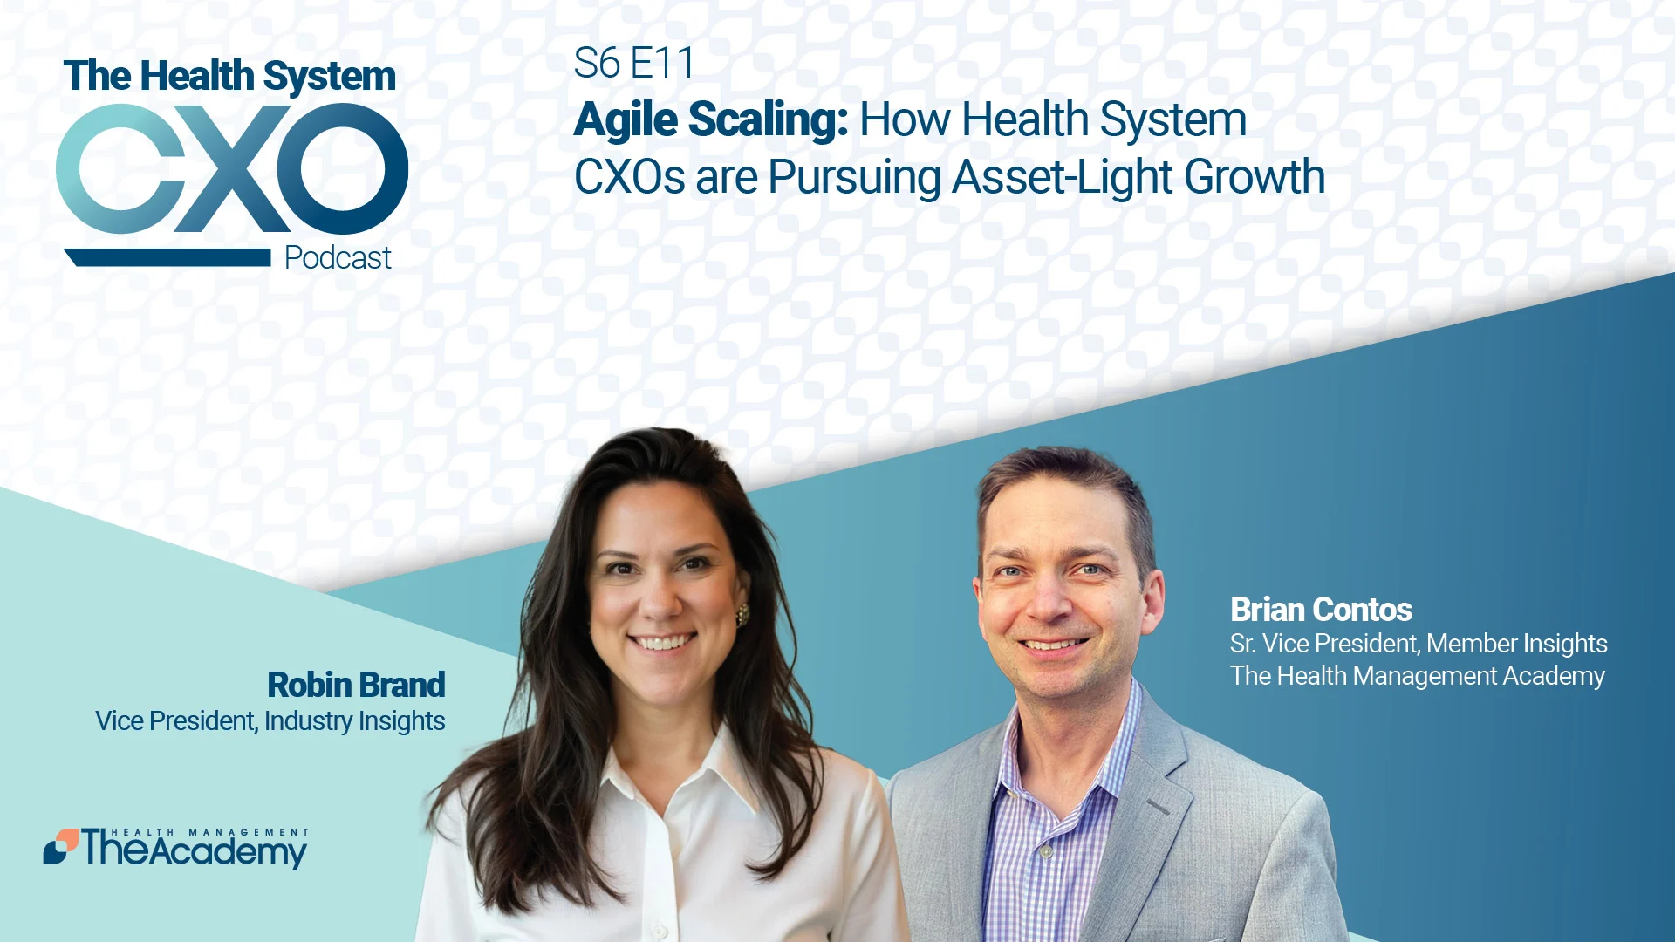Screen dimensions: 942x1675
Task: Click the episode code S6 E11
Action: [x=633, y=63]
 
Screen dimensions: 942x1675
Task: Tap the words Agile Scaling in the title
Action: [x=710, y=119]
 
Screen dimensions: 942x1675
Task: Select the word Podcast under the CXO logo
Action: [x=338, y=258]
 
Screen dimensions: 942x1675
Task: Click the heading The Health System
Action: [x=229, y=76]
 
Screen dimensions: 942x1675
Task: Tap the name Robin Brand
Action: [x=356, y=685]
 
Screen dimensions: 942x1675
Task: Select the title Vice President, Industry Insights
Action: [x=270, y=721]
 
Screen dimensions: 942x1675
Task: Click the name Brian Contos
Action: [x=1321, y=609]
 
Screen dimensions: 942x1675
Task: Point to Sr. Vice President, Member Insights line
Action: [x=1419, y=644]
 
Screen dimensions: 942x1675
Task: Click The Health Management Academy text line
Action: [x=1417, y=676]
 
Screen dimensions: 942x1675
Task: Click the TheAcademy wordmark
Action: [x=195, y=849]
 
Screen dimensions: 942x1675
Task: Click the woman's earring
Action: [x=743, y=614]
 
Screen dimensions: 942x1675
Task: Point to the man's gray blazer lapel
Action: [x=1160, y=785]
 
